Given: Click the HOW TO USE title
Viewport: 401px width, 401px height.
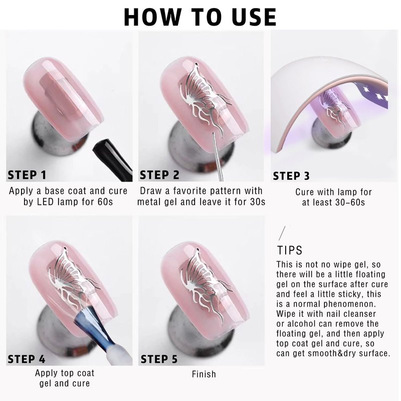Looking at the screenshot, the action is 200,17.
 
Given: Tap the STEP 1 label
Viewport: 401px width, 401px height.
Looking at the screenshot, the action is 27,175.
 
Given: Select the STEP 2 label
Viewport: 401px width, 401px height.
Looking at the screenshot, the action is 159,175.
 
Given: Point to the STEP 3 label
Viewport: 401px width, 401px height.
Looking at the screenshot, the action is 291,176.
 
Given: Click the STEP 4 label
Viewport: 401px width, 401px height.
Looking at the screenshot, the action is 27,359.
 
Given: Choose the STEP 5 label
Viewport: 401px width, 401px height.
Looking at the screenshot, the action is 159,359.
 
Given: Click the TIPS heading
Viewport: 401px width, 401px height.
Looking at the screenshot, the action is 290,250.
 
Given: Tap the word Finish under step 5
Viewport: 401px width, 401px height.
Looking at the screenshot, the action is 204,374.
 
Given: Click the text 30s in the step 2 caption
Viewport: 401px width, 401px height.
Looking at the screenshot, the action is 258,202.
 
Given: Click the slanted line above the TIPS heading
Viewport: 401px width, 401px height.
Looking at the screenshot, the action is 282,233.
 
